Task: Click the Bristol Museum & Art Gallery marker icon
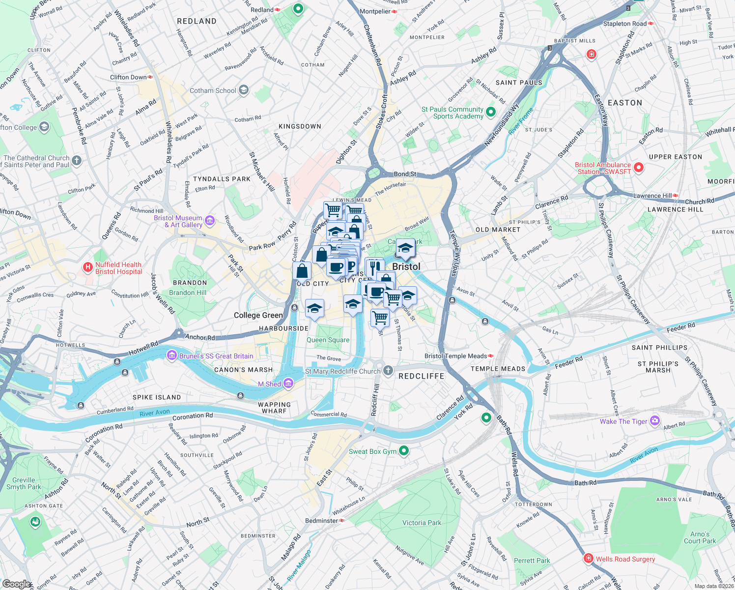210,221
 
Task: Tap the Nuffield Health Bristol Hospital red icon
88,267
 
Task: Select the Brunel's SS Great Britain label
216,356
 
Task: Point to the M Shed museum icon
288,383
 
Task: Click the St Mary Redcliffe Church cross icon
388,371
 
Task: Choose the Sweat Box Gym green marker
404,451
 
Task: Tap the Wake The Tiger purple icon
655,421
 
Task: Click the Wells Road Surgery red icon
589,559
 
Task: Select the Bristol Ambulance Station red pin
639,168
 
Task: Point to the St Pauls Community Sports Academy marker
491,113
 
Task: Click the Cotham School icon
244,90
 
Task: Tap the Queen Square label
328,340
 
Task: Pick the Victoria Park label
422,523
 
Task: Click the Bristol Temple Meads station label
455,356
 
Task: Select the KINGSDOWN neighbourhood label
300,126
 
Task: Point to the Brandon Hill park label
188,293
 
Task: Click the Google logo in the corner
16,584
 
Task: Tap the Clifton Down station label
128,77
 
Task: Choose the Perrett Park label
532,560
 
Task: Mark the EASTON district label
624,103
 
